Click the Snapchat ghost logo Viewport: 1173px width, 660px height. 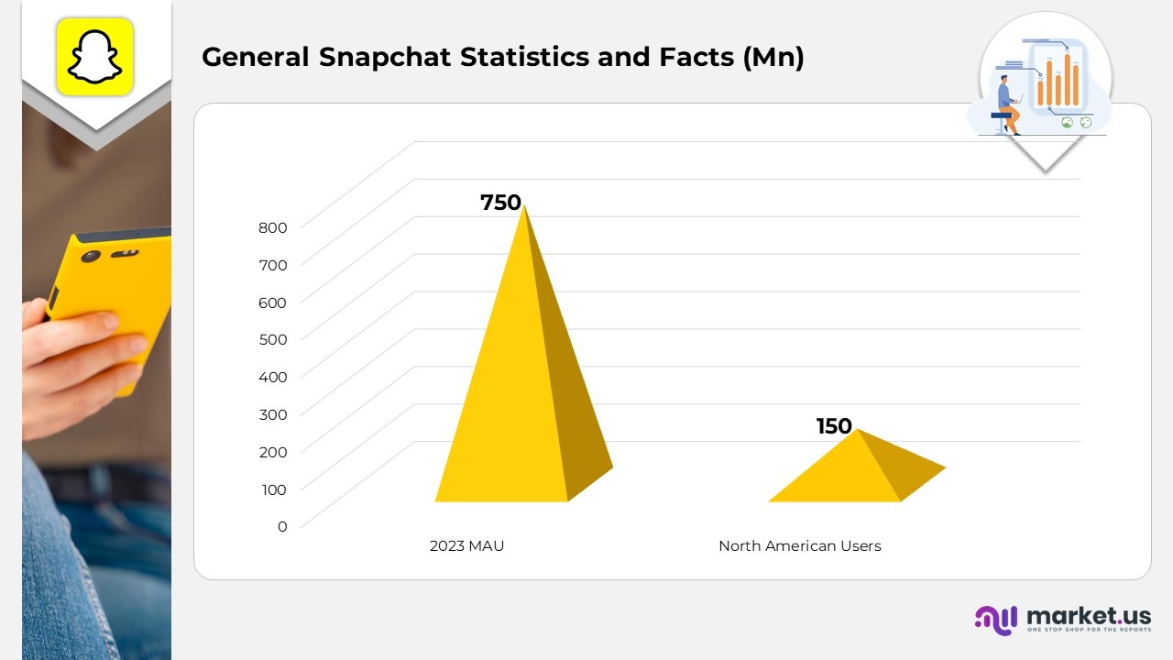95,56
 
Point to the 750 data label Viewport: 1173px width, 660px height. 500,203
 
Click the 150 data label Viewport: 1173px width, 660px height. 834,426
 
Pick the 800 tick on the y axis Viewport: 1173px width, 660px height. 272,227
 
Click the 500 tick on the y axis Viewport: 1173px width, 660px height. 272,339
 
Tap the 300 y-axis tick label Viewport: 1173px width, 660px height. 272,414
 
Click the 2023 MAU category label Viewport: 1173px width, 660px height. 466,546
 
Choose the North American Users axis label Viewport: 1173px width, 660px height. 799,546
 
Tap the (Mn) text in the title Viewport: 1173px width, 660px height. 773,57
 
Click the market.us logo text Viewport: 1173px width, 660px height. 1089,615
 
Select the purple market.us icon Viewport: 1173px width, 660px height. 996,620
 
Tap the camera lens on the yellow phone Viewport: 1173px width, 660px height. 90,257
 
